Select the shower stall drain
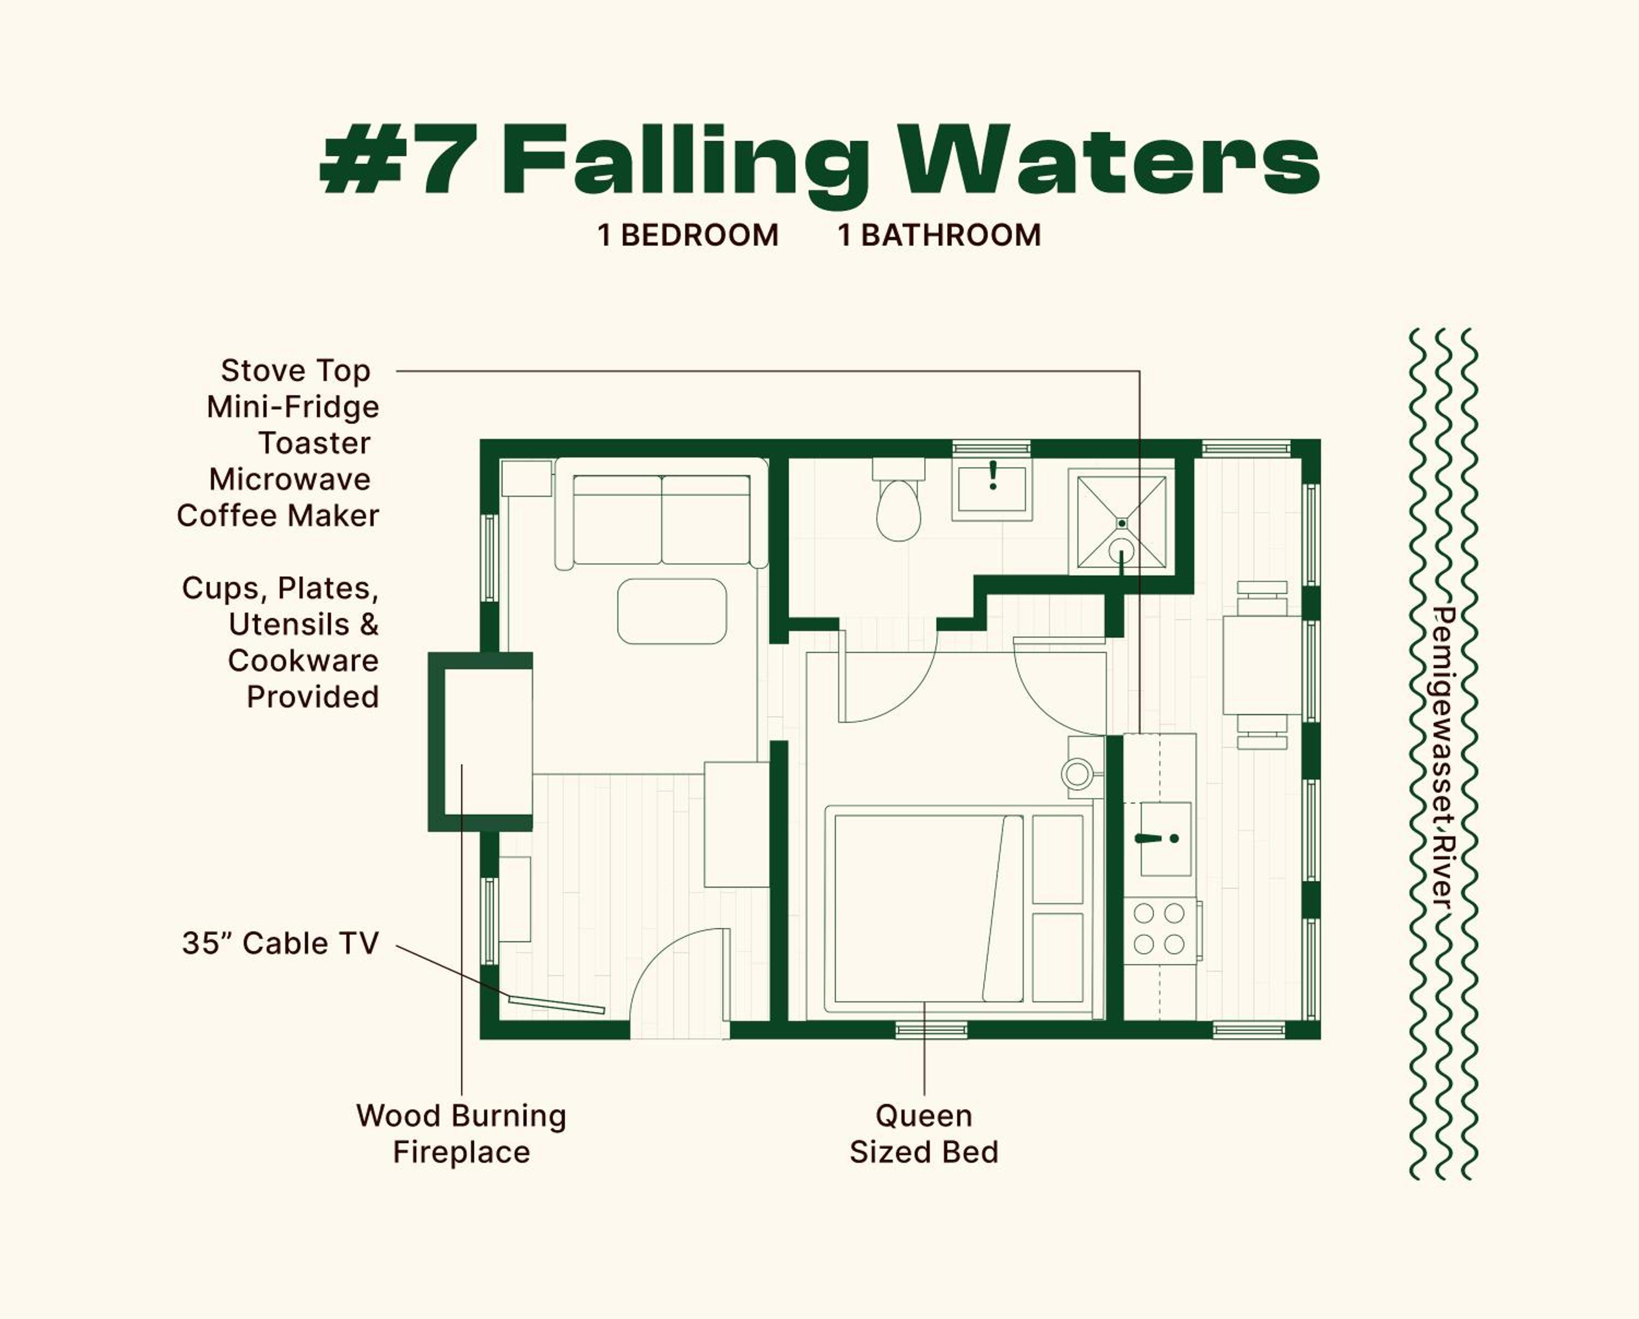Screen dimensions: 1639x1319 [1121, 524]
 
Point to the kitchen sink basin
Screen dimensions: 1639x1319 [1165, 839]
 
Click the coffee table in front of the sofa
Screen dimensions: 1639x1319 [672, 611]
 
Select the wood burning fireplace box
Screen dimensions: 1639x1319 [480, 741]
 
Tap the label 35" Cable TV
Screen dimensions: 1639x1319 [280, 943]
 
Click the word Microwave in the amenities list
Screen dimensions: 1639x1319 [290, 479]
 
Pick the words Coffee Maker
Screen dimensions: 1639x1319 [278, 516]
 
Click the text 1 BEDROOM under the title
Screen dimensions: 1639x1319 [688, 235]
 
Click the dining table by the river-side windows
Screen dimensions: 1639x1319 [1262, 665]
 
